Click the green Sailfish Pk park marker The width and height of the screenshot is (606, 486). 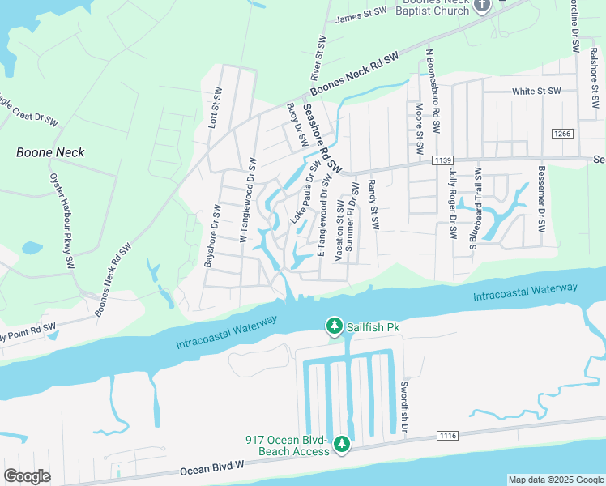click(334, 326)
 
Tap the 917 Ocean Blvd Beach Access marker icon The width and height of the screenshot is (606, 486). click(342, 444)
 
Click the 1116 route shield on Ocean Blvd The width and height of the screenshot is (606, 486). click(447, 436)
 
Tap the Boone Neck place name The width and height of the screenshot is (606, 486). click(50, 152)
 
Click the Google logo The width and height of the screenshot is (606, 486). click(27, 476)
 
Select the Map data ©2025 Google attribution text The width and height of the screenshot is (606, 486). click(555, 480)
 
